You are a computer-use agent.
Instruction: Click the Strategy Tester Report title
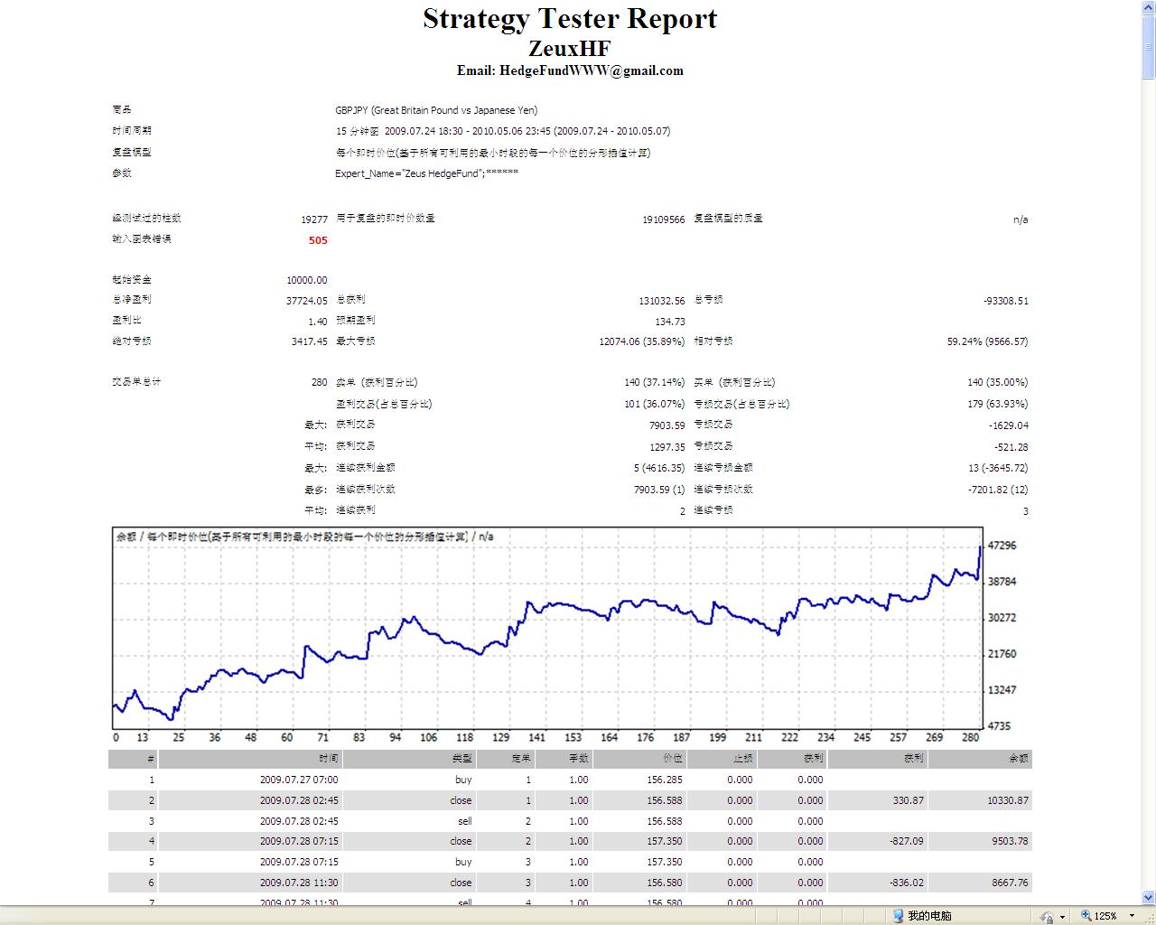pos(570,19)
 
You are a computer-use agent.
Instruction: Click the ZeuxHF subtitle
pos(570,48)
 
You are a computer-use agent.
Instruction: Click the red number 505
pos(318,240)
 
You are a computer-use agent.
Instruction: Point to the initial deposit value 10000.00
pos(307,280)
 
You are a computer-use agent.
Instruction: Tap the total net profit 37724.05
pos(307,301)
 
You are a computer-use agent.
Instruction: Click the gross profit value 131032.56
pos(661,301)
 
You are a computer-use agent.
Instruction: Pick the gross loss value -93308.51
pos(1005,301)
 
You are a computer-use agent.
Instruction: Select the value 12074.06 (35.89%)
pos(641,341)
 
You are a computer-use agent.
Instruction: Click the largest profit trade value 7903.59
pos(667,425)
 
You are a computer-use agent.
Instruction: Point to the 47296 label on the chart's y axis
pos(1002,546)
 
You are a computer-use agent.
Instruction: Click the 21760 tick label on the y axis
pos(1002,654)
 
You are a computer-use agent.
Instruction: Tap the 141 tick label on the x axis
pos(537,737)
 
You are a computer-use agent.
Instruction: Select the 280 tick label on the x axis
pos(970,737)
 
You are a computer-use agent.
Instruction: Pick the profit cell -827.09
pos(906,841)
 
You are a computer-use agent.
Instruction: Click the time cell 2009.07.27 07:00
pos(298,780)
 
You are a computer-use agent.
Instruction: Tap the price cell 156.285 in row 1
pos(665,780)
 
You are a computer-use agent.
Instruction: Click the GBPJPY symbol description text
pos(436,110)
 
